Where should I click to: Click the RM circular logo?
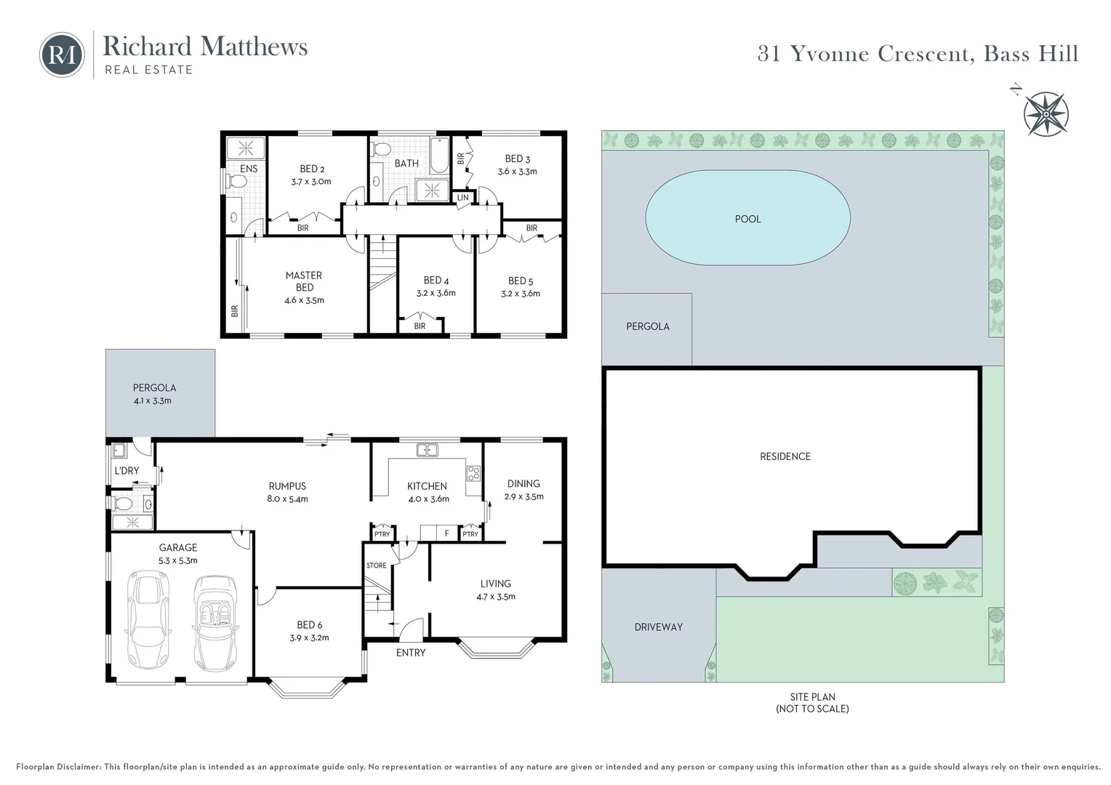tap(62, 55)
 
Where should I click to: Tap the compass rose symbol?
tap(1046, 114)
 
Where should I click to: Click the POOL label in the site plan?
tap(747, 220)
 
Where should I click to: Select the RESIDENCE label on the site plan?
tap(785, 456)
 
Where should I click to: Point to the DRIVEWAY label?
tap(659, 627)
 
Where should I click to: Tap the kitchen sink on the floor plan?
tap(427, 450)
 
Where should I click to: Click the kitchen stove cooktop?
tap(473, 473)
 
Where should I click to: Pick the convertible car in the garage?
tap(215, 624)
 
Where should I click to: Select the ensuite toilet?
tap(236, 182)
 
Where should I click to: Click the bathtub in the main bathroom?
tap(439, 156)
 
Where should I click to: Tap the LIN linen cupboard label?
tap(462, 198)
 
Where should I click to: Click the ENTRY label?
tap(411, 653)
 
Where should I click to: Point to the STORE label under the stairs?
tap(376, 565)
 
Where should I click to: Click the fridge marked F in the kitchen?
tap(447, 534)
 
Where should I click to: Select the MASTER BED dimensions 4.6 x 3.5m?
tap(304, 300)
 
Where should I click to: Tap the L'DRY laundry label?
tap(127, 470)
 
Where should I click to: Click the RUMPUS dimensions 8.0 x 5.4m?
tap(287, 499)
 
